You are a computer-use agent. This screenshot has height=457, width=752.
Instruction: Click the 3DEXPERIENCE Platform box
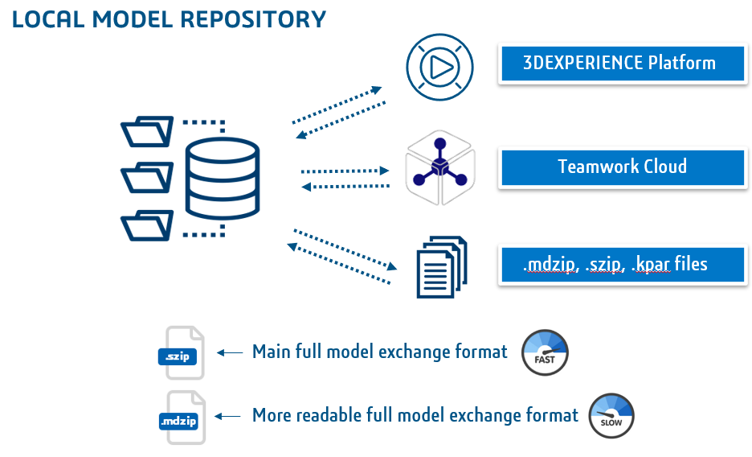pyautogui.click(x=622, y=64)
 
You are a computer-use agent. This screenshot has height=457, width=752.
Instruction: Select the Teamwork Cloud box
pyautogui.click(x=622, y=167)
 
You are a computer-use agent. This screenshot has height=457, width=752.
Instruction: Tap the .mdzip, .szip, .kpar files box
pyautogui.click(x=622, y=263)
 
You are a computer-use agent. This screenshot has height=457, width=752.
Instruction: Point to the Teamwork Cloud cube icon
pyautogui.click(x=440, y=168)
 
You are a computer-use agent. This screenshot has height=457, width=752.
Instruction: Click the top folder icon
pyautogui.click(x=146, y=131)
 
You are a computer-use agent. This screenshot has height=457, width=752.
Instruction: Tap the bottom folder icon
pyautogui.click(x=146, y=224)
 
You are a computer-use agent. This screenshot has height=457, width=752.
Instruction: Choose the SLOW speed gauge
pyautogui.click(x=611, y=416)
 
